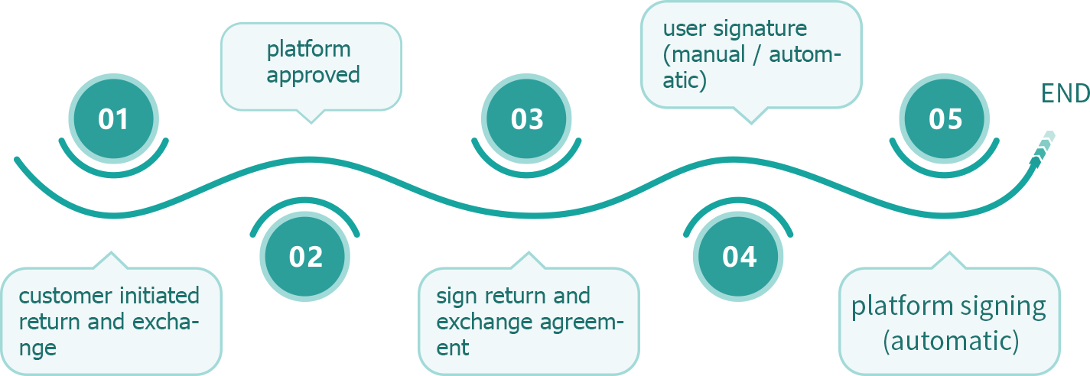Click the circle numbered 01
click(x=113, y=119)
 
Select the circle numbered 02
click(x=305, y=257)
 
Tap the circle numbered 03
click(x=526, y=119)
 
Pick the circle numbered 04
click(x=739, y=257)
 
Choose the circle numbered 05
click(x=945, y=119)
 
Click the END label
click(x=1065, y=93)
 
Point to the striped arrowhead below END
click(x=1043, y=147)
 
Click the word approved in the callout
click(x=314, y=75)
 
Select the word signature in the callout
click(x=760, y=29)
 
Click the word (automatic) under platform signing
click(x=950, y=341)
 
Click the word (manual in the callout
click(x=702, y=55)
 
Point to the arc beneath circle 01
click(x=113, y=164)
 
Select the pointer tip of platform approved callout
click(x=310, y=121)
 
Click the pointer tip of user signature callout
click(x=752, y=122)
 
